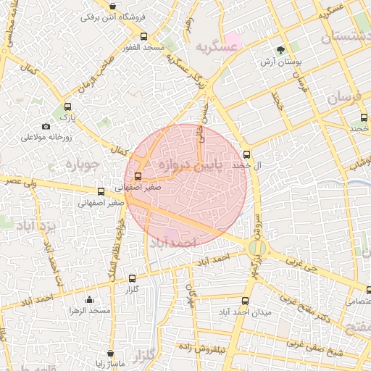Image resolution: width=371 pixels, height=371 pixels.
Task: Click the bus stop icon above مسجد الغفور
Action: (143, 36)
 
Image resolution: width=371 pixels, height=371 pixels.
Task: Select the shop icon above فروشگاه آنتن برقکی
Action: (112, 6)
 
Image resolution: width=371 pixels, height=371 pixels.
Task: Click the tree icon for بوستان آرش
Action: (280, 50)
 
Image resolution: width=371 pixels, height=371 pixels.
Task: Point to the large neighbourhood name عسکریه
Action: (216, 46)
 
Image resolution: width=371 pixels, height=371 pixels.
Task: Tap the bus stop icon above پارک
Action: (68, 107)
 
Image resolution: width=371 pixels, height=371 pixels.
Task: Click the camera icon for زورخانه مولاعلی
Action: (46, 127)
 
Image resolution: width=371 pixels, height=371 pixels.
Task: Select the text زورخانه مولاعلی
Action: (44, 137)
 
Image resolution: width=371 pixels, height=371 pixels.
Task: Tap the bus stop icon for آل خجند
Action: (246, 154)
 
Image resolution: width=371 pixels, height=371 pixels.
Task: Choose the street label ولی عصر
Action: (19, 182)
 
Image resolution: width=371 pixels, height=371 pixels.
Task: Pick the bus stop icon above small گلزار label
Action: (132, 278)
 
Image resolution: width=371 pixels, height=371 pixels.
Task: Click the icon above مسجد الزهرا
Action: (89, 300)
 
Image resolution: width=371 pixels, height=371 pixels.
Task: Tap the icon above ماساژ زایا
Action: (110, 354)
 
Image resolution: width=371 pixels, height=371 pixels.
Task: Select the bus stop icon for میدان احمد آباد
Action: (244, 301)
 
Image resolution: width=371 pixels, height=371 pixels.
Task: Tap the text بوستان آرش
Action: (281, 62)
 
